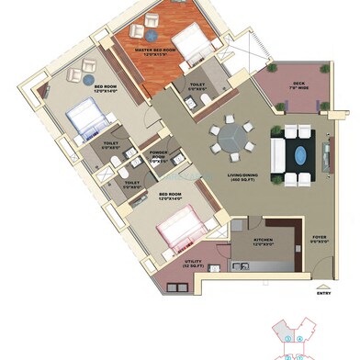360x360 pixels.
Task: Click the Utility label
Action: (192, 264)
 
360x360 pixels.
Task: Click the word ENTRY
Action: (322, 294)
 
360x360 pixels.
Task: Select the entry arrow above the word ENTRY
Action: (322, 286)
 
